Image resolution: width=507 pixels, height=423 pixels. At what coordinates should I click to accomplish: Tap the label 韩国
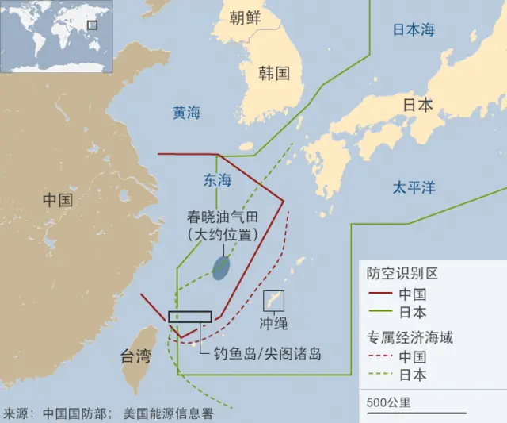click(274, 74)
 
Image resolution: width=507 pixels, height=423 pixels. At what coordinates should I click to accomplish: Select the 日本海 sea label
click(414, 30)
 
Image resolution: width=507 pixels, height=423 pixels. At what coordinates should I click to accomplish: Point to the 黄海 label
click(187, 113)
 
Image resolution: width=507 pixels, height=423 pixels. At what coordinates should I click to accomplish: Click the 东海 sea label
click(218, 180)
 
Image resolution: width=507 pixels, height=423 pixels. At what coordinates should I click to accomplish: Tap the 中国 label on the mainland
click(57, 200)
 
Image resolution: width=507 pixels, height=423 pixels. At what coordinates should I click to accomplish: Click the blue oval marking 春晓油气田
click(223, 267)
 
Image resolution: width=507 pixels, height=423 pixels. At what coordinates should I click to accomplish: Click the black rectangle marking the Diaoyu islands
click(189, 317)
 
